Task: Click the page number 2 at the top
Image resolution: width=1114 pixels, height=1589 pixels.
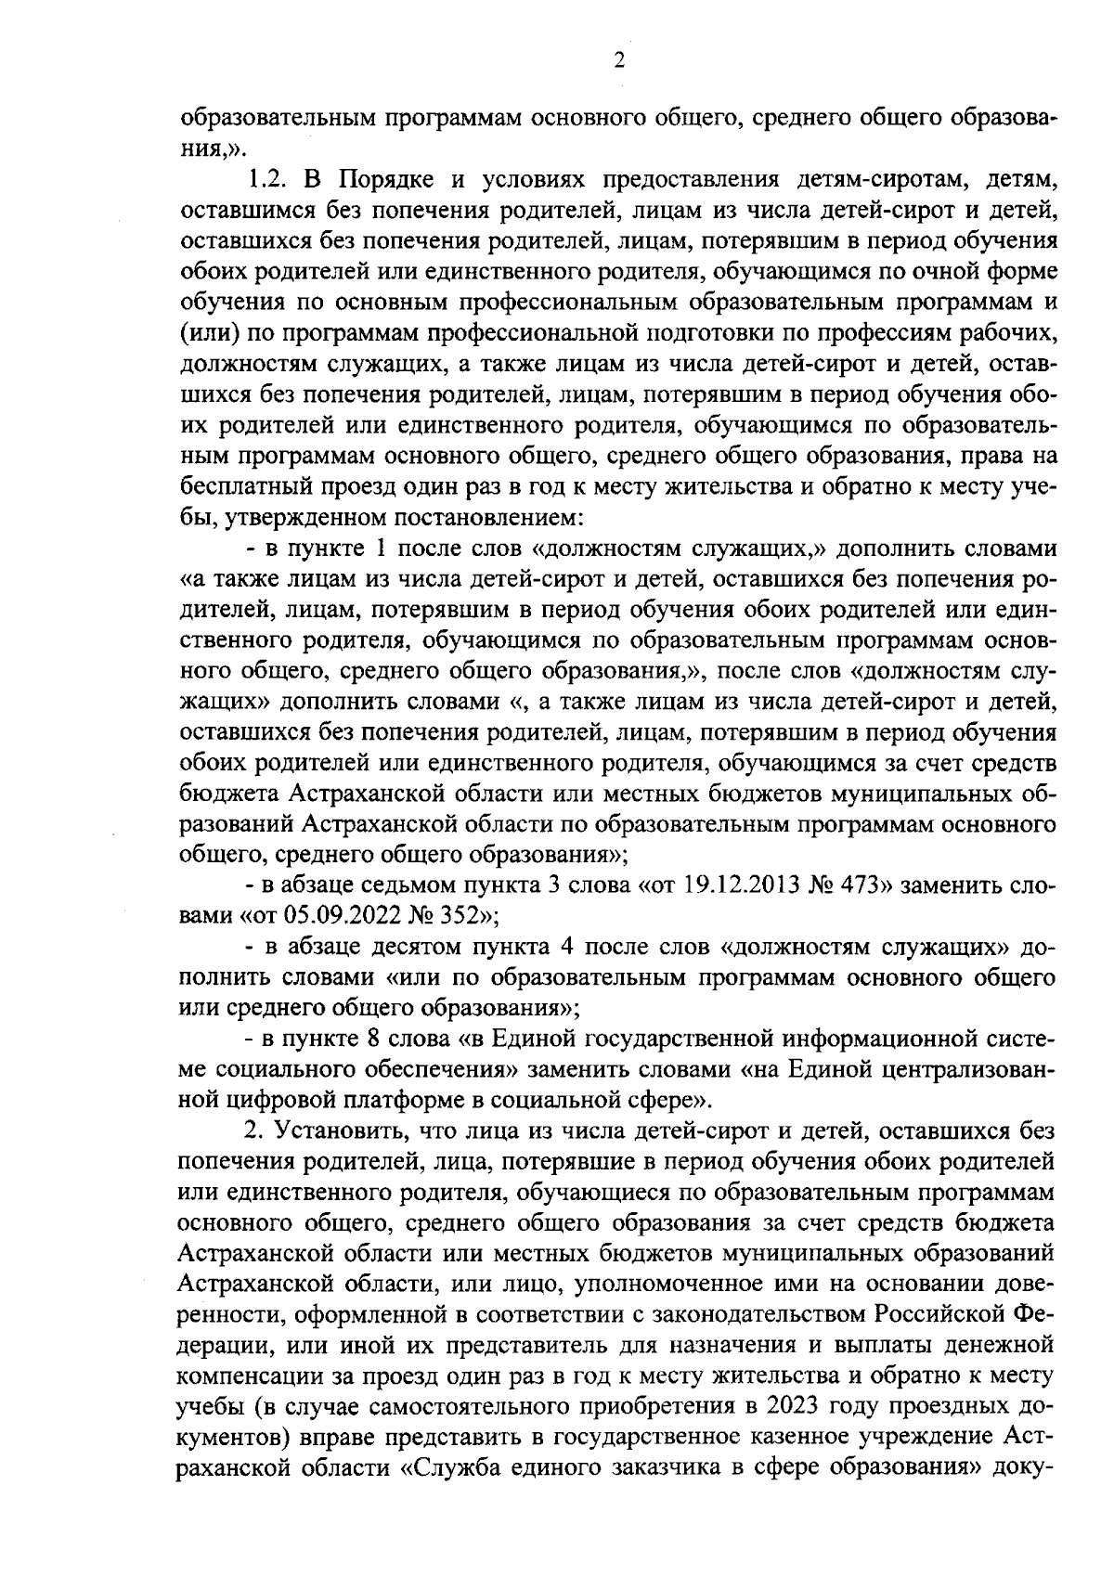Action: pyautogui.click(x=619, y=62)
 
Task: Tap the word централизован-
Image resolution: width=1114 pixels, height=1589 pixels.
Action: pyautogui.click(x=954, y=1068)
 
